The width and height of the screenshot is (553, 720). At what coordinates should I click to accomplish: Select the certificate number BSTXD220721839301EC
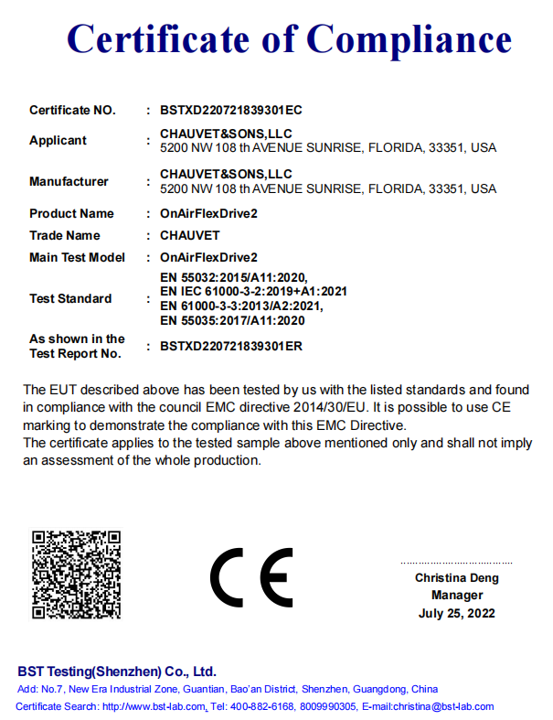(230, 110)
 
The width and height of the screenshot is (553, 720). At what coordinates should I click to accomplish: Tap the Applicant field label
(58, 140)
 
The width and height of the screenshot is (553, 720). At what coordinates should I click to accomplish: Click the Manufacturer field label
(69, 181)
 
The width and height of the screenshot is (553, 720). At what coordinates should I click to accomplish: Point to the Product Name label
(71, 213)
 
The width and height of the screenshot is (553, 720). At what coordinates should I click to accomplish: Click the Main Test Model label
(77, 257)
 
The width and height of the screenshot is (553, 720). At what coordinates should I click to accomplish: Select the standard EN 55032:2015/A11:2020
(233, 276)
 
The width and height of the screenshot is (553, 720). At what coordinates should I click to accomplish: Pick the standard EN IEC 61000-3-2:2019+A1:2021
(253, 291)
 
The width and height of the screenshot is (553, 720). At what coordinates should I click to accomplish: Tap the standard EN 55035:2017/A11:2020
(232, 320)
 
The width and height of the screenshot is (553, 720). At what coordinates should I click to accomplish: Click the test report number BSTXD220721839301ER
(230, 346)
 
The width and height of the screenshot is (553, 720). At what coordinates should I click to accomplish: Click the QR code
(77, 575)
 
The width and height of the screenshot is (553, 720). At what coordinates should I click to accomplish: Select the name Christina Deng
(456, 577)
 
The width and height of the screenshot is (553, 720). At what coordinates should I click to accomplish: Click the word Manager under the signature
(456, 595)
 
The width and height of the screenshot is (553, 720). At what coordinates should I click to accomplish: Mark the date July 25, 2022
(456, 613)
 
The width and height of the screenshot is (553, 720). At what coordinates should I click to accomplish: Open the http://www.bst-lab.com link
(154, 706)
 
